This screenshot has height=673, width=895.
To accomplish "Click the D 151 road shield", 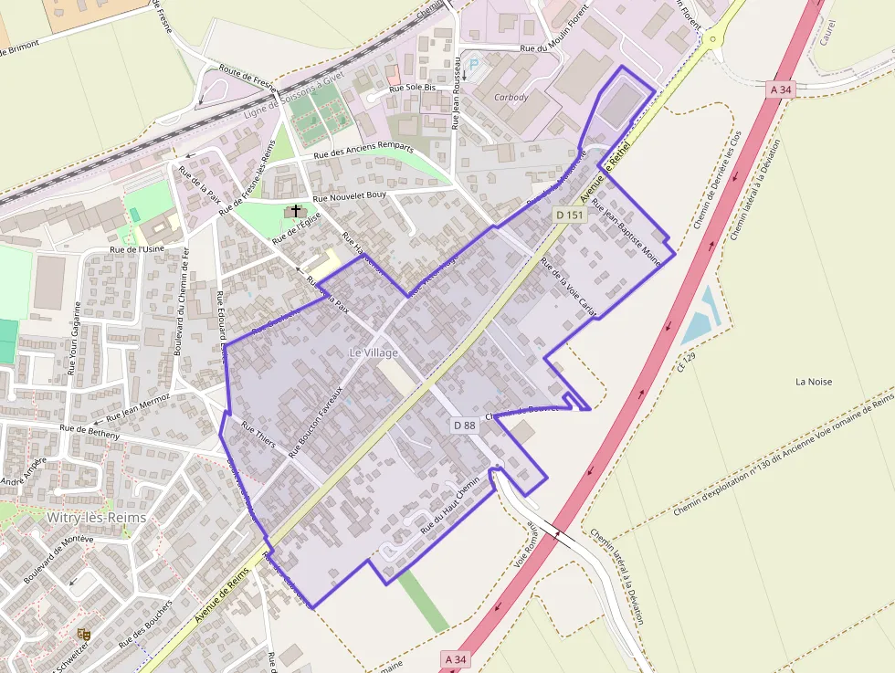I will [x=569, y=216].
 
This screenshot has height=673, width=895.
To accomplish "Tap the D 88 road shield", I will [x=464, y=425].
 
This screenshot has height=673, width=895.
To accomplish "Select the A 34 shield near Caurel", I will [x=780, y=89].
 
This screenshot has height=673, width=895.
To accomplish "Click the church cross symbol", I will [x=295, y=211].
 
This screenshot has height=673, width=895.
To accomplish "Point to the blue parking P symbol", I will [x=473, y=65].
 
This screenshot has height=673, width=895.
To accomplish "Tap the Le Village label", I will [x=374, y=352].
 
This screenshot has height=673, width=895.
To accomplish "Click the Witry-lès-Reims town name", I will [x=96, y=517].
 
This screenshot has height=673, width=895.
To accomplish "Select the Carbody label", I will [x=511, y=97].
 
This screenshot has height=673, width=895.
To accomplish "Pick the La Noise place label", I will [x=814, y=382].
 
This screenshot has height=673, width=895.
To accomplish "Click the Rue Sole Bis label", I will [x=413, y=89].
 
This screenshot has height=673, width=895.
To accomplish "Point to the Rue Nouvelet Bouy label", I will [x=350, y=197].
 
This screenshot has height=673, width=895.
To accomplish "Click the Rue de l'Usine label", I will [x=137, y=248].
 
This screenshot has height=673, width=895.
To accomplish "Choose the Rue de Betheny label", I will [x=89, y=432].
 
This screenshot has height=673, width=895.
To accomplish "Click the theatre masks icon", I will [x=85, y=633].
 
